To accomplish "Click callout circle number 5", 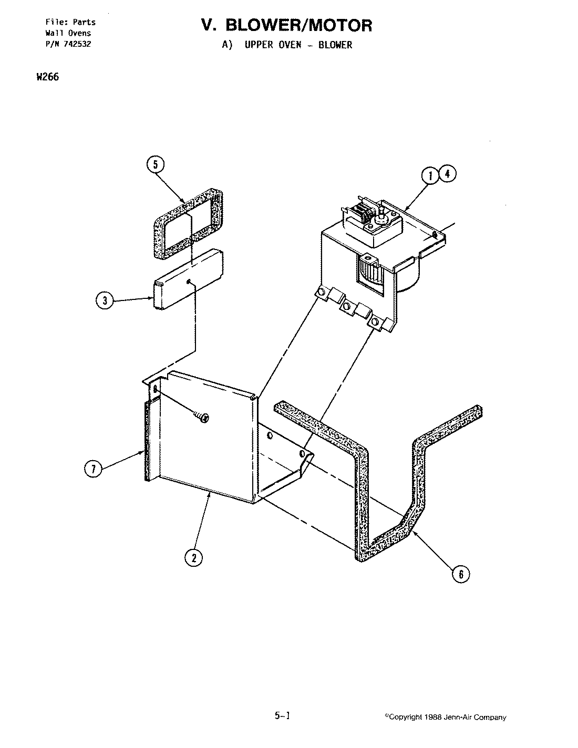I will [155, 164].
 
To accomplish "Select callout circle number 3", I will [105, 301].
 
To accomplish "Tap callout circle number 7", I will [94, 469].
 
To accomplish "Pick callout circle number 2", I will [194, 558].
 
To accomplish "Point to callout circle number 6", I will [461, 574].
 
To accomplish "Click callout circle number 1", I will [430, 175].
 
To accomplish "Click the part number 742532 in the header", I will [76, 44].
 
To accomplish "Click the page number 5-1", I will [282, 715].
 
